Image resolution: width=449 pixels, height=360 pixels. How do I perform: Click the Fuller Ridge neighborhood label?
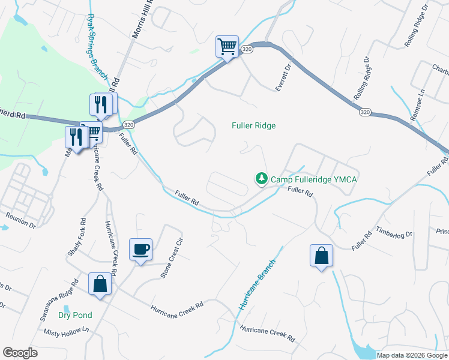254,125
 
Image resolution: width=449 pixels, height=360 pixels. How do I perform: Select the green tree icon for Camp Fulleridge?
261,178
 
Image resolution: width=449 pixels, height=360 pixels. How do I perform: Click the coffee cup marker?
140,248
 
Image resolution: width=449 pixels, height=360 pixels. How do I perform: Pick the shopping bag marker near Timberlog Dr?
322,255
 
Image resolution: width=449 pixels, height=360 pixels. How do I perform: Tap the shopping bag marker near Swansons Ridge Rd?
100,284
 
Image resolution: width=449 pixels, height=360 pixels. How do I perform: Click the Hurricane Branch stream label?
258,284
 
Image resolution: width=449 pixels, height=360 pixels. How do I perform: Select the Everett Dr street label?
283,77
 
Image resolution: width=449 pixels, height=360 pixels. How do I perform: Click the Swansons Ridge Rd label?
58,299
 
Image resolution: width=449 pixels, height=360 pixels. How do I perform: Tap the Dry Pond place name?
75,315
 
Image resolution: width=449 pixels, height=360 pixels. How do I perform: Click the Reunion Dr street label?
20,220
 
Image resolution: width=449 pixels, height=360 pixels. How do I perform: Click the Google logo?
20,353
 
